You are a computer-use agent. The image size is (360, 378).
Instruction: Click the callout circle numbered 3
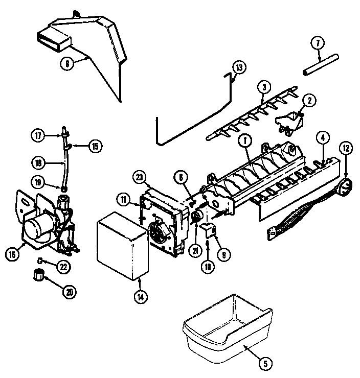(x=263, y=87)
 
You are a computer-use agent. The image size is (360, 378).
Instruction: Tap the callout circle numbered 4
(x=323, y=136)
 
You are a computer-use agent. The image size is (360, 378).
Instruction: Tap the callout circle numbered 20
(x=69, y=292)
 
